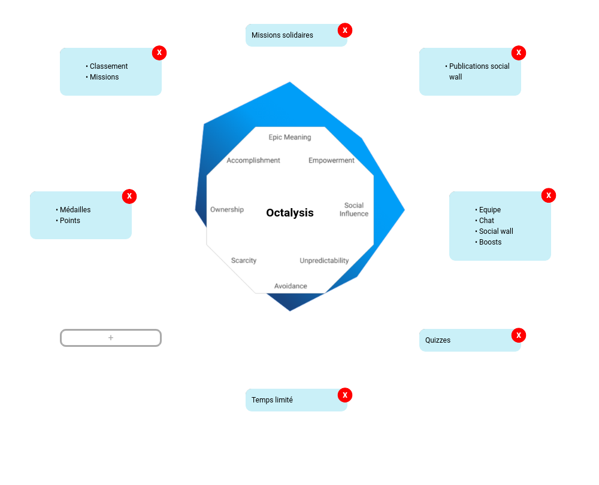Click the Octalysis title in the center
click(290, 213)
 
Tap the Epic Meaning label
click(290, 138)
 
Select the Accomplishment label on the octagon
click(253, 160)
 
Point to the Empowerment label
click(331, 160)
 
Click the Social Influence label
click(354, 210)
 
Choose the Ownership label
click(227, 209)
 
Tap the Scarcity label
click(244, 261)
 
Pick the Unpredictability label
click(324, 261)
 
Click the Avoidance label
click(291, 286)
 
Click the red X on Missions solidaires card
click(345, 30)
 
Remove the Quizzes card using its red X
click(519, 335)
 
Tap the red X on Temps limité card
click(345, 395)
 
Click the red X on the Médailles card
click(129, 196)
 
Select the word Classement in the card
click(108, 66)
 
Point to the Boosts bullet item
click(490, 242)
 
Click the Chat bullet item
click(486, 221)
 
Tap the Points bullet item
click(69, 221)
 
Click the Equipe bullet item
click(489, 210)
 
